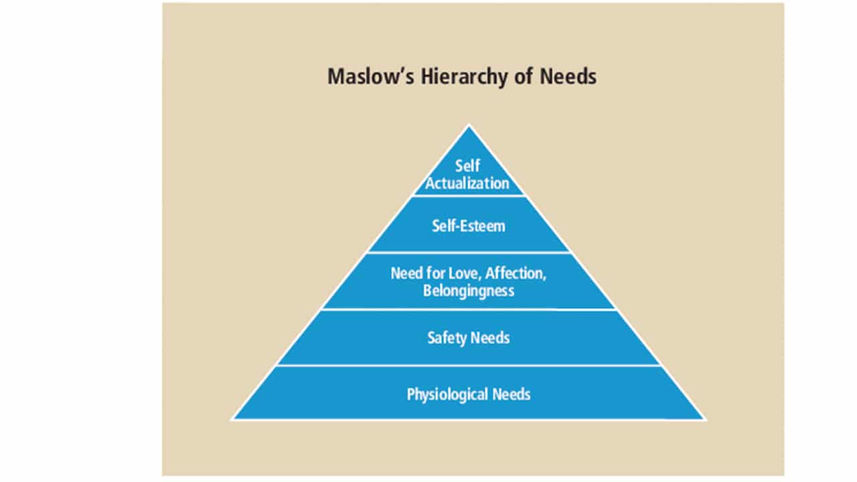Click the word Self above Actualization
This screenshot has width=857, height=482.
[468, 165]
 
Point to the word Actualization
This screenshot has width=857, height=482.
[468, 182]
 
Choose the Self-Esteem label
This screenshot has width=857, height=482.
[468, 226]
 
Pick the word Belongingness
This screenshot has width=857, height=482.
[468, 291]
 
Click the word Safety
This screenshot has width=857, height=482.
[447, 337]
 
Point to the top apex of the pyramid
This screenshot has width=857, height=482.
[469, 125]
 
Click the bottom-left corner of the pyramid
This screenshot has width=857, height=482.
[232, 419]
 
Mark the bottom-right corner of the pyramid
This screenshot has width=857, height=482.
[704, 419]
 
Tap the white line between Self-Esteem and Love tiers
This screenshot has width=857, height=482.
[468, 252]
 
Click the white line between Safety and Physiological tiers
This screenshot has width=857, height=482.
[468, 366]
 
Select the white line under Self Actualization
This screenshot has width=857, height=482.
[468, 195]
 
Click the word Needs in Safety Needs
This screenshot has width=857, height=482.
[490, 337]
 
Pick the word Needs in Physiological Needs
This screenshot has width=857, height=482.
[512, 394]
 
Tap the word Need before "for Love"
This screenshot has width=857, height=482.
[406, 273]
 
